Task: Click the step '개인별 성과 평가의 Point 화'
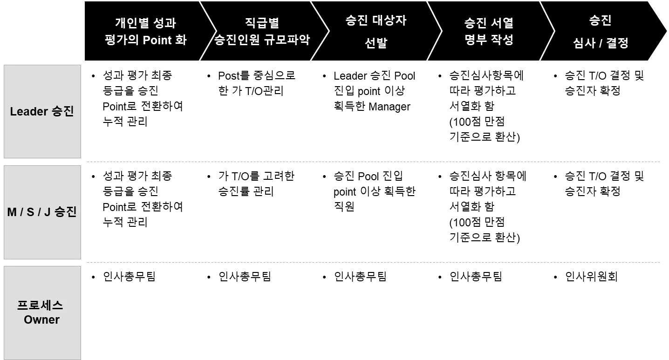click(x=145, y=32)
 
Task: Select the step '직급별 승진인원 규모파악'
click(x=262, y=32)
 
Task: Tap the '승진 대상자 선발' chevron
click(x=375, y=32)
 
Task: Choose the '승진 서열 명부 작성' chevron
click(x=489, y=32)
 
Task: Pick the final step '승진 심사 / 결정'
click(x=601, y=32)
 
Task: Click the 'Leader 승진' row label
click(x=42, y=112)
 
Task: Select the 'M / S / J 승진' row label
click(x=42, y=212)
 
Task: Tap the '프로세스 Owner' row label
click(x=42, y=312)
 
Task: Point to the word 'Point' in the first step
click(x=158, y=40)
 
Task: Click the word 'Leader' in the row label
click(x=29, y=112)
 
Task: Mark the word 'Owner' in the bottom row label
click(x=42, y=320)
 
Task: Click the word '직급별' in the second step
click(x=262, y=23)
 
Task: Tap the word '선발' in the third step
click(x=375, y=43)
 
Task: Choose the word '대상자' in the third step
click(x=389, y=21)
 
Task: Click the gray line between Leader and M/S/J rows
click(x=374, y=162)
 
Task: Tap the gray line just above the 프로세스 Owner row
click(x=374, y=263)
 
